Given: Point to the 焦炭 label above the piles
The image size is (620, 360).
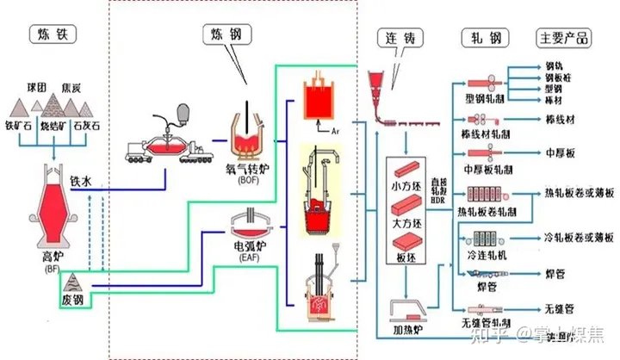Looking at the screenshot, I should pos(71,87).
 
